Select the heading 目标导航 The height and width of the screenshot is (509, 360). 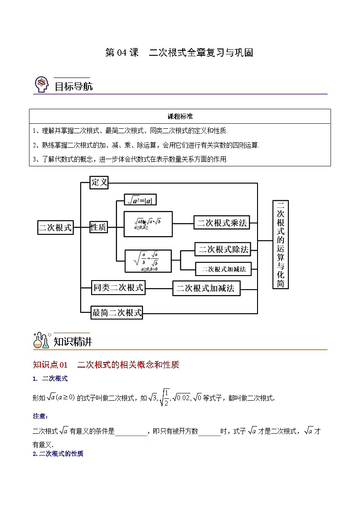(73, 86)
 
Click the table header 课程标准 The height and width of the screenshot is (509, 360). (180, 116)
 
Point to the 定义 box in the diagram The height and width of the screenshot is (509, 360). (99, 182)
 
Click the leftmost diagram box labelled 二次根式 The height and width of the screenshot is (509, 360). (55, 228)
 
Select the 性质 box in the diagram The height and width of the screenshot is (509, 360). (98, 228)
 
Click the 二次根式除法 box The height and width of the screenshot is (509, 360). (222, 249)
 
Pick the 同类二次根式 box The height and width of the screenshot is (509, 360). (118, 287)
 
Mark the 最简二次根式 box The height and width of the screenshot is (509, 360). (117, 312)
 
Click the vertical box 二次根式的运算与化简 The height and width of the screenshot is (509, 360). (280, 244)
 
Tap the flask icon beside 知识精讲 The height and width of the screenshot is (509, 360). (42, 341)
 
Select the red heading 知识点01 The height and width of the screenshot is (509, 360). (50, 364)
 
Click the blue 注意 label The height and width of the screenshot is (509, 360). (40, 416)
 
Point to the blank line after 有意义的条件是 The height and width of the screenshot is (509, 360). (131, 432)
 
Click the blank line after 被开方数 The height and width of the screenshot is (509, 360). (209, 432)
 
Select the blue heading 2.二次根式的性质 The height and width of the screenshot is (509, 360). (58, 453)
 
